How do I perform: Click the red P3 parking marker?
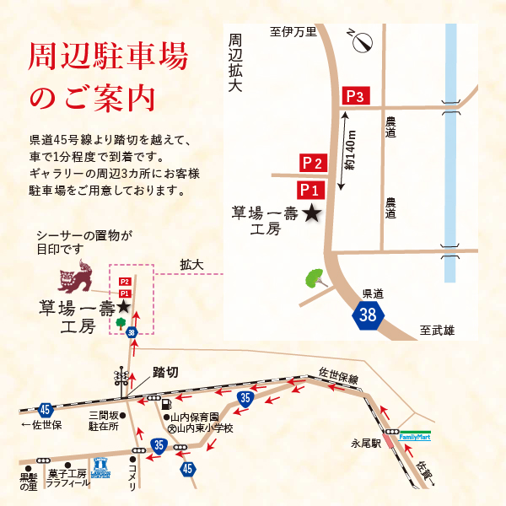(x=354, y=97)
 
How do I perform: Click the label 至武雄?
(x=437, y=331)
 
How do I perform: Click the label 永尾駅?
(x=367, y=443)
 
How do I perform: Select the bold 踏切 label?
(x=165, y=371)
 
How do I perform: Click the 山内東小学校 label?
(x=199, y=428)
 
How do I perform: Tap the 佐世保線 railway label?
(x=338, y=374)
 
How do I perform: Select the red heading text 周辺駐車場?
(x=108, y=58)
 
